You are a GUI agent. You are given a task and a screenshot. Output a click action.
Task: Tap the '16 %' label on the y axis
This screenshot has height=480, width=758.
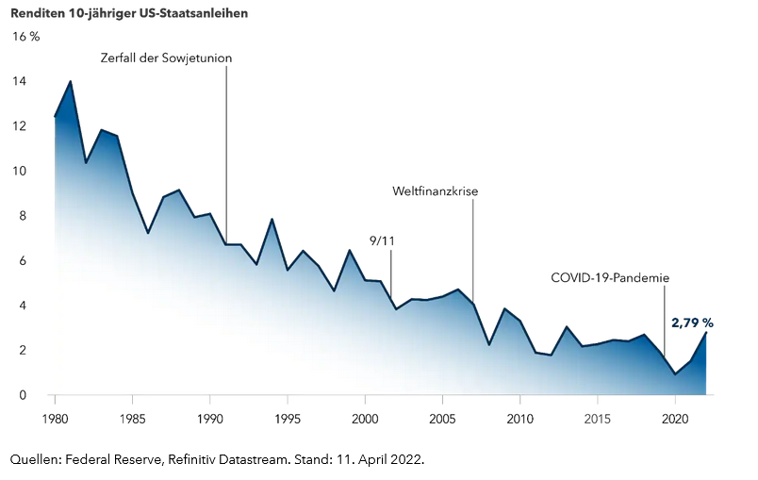click(x=25, y=37)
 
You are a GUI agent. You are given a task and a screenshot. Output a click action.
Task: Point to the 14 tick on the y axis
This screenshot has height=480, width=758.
click(x=19, y=82)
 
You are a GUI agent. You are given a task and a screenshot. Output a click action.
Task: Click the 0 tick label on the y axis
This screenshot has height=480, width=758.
click(x=22, y=395)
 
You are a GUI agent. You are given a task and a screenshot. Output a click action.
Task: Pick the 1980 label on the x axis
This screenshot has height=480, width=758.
click(x=55, y=417)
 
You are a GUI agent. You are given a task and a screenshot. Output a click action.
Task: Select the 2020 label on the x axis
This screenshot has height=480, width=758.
click(x=675, y=417)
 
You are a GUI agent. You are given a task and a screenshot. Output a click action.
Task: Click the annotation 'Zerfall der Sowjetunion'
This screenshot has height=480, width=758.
click(x=166, y=58)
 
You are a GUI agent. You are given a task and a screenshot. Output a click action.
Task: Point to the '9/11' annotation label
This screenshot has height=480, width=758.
click(x=382, y=240)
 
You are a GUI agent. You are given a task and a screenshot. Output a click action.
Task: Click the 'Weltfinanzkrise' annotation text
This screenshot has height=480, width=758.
click(x=435, y=191)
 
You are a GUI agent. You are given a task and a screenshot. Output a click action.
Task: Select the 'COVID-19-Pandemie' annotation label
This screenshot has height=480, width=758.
click(x=610, y=278)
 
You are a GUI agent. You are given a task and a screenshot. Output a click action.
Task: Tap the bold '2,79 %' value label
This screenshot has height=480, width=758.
click(x=692, y=323)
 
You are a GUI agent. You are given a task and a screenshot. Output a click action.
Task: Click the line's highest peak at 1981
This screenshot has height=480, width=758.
click(x=70, y=81)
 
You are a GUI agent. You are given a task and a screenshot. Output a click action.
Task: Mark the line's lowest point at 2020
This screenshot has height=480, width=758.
click(x=675, y=374)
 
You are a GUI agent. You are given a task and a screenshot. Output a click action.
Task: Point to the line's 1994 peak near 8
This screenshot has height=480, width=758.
click(x=272, y=219)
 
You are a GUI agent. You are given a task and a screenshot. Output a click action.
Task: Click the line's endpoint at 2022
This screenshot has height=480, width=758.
click(x=705, y=333)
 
